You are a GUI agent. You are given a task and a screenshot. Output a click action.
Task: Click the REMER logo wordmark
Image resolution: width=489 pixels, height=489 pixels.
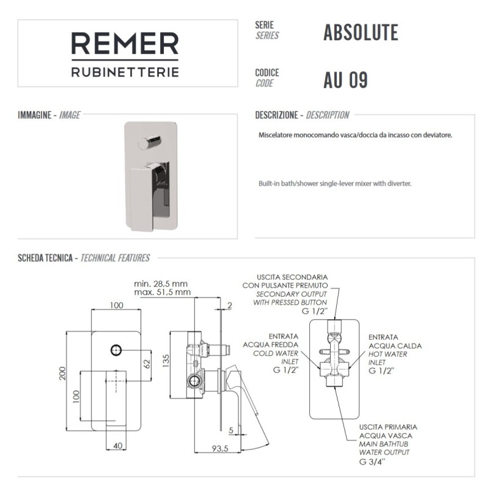tap(125, 43)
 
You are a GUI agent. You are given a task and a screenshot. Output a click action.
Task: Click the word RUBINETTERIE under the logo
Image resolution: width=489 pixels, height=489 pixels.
tap(125, 72)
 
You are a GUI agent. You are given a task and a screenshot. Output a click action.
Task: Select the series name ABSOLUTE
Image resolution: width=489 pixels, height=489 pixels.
tap(361, 32)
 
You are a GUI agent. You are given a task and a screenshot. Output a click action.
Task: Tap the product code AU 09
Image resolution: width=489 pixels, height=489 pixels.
tap(345, 80)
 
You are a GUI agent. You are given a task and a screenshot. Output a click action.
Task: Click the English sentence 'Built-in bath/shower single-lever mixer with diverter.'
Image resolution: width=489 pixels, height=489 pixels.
tap(335, 183)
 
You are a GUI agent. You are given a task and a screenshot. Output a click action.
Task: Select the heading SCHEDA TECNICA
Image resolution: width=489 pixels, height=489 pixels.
tap(45, 258)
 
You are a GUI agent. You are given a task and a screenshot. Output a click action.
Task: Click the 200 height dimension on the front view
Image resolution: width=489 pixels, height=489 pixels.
tap(63, 373)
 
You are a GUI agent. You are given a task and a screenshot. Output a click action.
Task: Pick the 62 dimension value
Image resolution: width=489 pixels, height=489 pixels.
tap(147, 364)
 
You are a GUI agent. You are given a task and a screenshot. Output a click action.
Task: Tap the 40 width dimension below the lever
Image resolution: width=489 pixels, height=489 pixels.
tap(117, 446)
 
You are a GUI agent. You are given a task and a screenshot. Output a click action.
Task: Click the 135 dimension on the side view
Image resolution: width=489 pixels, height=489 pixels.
tap(166, 361)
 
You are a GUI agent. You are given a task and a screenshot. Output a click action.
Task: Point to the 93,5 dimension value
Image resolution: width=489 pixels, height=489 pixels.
tap(220, 449)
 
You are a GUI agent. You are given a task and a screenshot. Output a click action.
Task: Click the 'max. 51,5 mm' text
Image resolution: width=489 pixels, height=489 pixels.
tap(162, 292)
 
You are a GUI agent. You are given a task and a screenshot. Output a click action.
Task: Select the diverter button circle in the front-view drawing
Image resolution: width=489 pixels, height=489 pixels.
tap(116, 350)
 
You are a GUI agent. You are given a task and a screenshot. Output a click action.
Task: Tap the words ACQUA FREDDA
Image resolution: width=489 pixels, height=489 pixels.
tap(270, 345)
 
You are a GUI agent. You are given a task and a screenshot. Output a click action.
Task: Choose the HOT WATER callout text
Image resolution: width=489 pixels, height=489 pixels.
tap(388, 354)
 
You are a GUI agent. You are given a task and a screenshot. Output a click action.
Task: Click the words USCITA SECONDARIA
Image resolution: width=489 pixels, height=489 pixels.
tap(292, 277)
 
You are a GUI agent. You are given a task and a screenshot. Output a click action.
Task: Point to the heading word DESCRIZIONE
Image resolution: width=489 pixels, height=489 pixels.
tap(276, 115)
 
